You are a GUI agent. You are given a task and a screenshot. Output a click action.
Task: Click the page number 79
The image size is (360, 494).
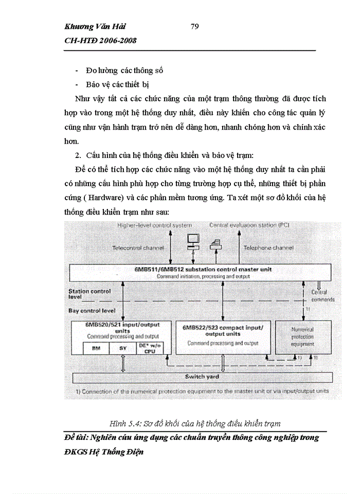pos(195,27)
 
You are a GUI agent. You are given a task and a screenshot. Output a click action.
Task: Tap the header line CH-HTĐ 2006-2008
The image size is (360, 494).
pos(100,41)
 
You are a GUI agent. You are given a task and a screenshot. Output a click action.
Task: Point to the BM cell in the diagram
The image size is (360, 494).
pos(96,348)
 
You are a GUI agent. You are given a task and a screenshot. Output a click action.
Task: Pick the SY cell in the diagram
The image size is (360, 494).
pos(123,348)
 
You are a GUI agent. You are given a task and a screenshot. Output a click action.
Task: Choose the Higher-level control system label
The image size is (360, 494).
pos(154,225)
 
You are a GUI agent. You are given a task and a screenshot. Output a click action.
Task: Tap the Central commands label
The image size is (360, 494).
pos(322,296)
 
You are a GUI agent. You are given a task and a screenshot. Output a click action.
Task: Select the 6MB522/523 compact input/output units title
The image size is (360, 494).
pos(222,330)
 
